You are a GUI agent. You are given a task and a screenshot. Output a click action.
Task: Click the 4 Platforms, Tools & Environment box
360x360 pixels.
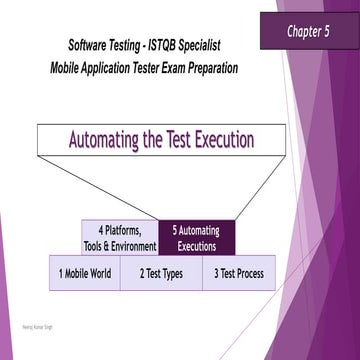pyautogui.click(x=119, y=237)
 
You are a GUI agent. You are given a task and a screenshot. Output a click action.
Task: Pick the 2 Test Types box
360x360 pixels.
pyautogui.click(x=161, y=273)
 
